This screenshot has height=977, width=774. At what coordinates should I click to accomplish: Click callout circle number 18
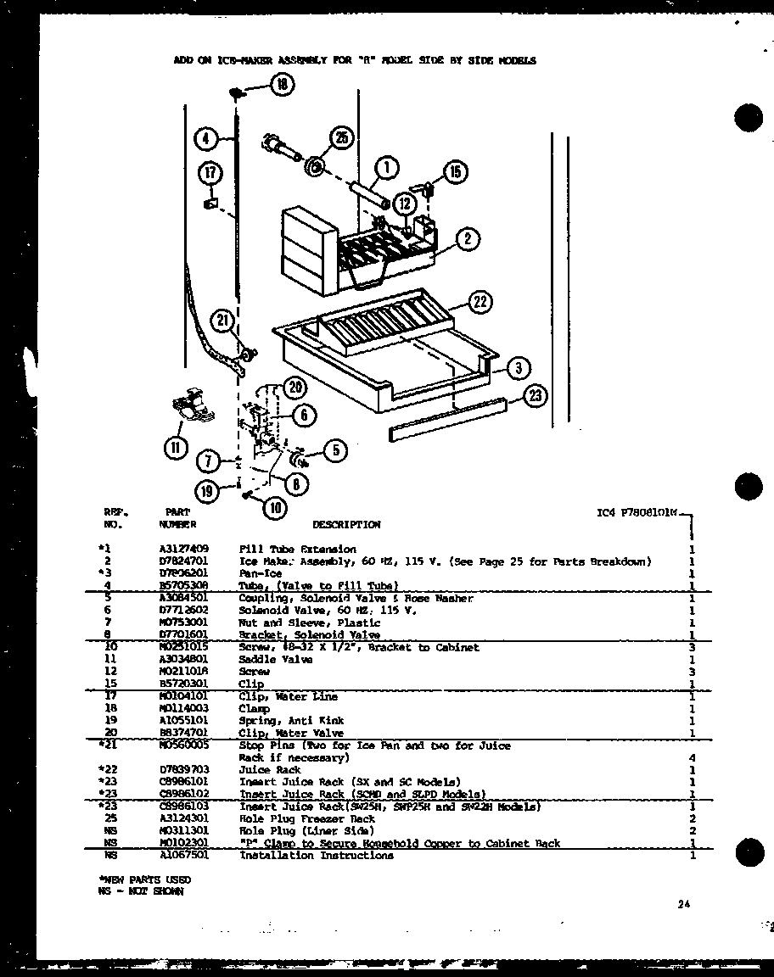[x=281, y=83]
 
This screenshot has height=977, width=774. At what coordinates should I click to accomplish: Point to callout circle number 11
[x=176, y=449]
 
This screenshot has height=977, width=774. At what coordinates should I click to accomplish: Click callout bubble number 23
[x=536, y=396]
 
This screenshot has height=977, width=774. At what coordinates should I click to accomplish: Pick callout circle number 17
[x=210, y=173]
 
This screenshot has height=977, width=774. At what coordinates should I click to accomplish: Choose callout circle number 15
[x=454, y=173]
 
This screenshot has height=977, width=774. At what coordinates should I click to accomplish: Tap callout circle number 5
[x=335, y=450]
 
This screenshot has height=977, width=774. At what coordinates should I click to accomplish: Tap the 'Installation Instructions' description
[x=316, y=856]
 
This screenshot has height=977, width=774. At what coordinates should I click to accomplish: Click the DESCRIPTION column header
[x=346, y=525]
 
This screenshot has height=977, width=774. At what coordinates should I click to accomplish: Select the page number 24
[x=684, y=905]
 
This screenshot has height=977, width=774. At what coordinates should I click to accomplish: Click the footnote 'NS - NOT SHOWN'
[x=140, y=891]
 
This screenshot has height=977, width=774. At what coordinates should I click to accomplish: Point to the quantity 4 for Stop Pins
[x=693, y=757]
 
